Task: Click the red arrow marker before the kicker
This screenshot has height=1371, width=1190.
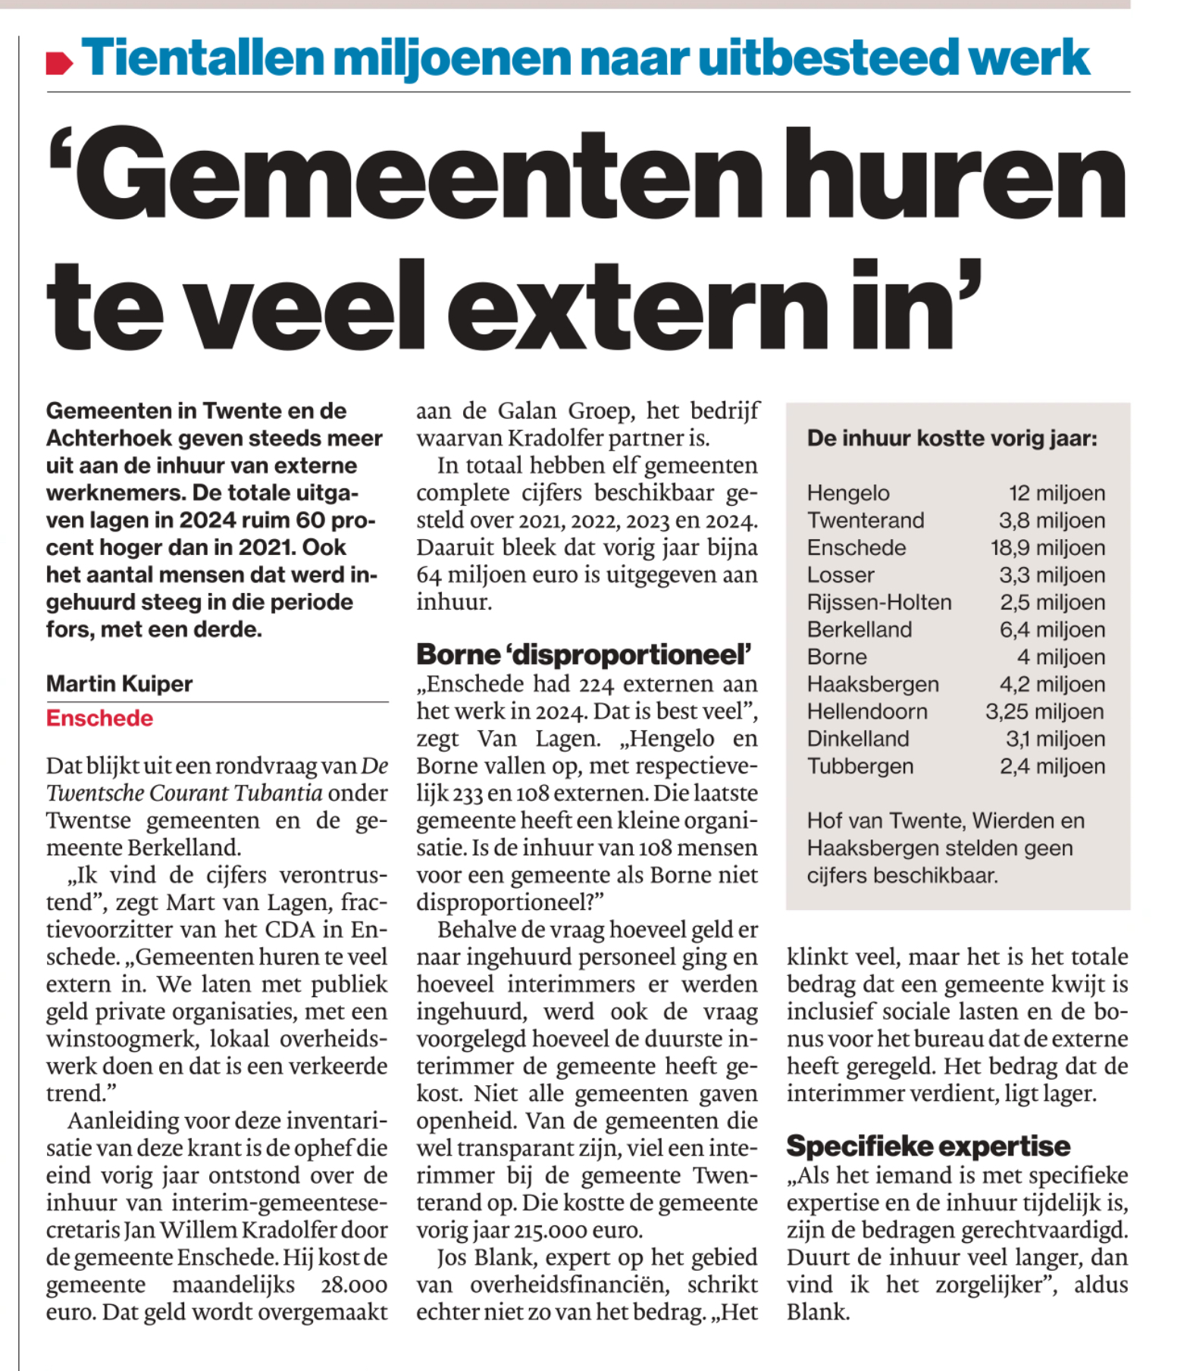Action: [59, 63]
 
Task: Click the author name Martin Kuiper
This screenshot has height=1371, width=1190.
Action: [119, 683]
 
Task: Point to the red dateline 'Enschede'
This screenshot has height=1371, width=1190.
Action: [99, 718]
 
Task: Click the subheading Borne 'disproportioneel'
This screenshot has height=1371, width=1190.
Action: [584, 654]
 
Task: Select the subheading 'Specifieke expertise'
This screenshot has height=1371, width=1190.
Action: [928, 1146]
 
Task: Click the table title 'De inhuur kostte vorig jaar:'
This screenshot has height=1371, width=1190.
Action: [952, 438]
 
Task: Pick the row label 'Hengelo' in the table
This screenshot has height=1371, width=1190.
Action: [848, 493]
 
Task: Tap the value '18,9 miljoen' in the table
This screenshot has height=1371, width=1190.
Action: [1048, 547]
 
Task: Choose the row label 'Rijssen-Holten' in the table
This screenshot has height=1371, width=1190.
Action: [879, 602]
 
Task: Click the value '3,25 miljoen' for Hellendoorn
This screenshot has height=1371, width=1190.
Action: [1044, 711]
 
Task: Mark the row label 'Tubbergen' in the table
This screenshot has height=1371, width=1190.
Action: [860, 766]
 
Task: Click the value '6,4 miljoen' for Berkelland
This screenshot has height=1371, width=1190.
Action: [1052, 629]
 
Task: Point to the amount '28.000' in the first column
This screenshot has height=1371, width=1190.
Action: [355, 1285]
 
